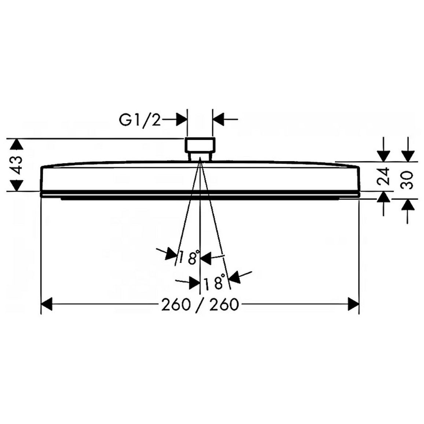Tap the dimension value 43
[16, 165]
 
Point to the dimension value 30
[408, 180]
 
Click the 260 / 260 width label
[200, 305]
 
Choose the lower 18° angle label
[214, 282]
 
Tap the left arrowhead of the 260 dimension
[47, 304]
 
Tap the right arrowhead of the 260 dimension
[353, 304]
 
